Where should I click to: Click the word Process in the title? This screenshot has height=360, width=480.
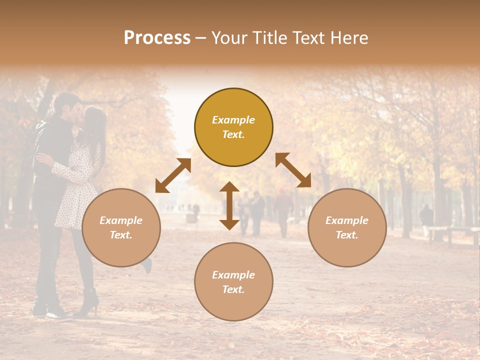[157, 38]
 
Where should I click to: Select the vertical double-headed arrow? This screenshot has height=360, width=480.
[229, 205]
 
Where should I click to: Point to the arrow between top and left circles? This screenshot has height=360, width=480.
[173, 175]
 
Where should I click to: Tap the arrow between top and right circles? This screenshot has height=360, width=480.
[293, 170]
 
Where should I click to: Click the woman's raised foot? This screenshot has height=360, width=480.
[147, 265]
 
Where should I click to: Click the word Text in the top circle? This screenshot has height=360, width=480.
[233, 134]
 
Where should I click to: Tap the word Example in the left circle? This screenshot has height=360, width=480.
[121, 220]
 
